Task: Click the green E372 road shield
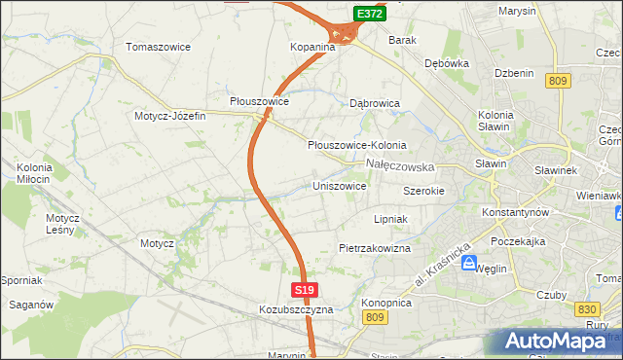[369, 14]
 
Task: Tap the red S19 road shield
[305, 290]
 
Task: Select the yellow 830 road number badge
[586, 308]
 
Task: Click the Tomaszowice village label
[158, 47]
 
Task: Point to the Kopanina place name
[312, 47]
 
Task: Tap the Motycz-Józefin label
[170, 116]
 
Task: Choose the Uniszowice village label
[339, 186]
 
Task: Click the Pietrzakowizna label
[375, 249]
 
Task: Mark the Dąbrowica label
[376, 102]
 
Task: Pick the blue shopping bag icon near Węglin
[469, 265]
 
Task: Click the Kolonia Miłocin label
[33, 174]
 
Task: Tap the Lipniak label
[389, 220]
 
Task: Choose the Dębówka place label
[447, 63]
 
